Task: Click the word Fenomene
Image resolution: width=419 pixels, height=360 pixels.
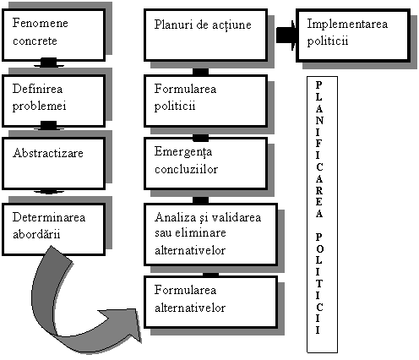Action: pyautogui.click(x=41, y=23)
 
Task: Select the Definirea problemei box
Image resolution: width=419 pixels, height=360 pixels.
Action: pyautogui.click(x=54, y=101)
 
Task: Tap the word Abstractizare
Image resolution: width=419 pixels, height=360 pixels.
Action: pyautogui.click(x=48, y=153)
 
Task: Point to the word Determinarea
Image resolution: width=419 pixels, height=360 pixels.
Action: pyautogui.click(x=49, y=217)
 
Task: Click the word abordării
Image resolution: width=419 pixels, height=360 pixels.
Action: pyautogui.click(x=36, y=234)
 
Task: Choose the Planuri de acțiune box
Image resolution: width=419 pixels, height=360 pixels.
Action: pyautogui.click(x=205, y=35)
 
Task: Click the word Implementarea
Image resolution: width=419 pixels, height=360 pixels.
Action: pyautogui.click(x=347, y=24)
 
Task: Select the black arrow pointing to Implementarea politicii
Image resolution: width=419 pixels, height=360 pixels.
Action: pyautogui.click(x=286, y=35)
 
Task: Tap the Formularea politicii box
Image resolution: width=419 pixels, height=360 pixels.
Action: pyautogui.click(x=205, y=101)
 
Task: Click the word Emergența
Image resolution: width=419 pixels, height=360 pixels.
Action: pyautogui.click(x=183, y=152)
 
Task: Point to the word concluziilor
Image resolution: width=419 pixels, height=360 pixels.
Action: pyautogui.click(x=186, y=169)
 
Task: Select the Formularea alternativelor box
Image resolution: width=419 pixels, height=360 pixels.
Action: pyautogui.click(x=210, y=303)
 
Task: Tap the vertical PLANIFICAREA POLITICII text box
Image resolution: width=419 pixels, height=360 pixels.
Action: pyautogui.click(x=322, y=215)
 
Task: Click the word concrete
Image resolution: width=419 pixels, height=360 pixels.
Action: pyautogui.click(x=35, y=41)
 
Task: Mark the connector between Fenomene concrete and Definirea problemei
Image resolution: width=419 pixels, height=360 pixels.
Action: pyautogui.click(x=49, y=63)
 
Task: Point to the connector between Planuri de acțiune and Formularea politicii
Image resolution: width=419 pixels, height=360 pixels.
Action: pyautogui.click(x=201, y=72)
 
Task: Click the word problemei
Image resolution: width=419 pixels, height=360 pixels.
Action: pyautogui.click(x=40, y=106)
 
